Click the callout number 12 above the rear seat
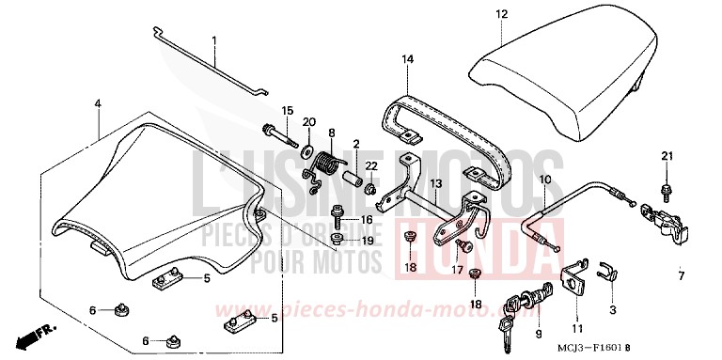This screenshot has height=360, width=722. click(x=501, y=14)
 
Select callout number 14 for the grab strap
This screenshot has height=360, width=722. click(x=407, y=59)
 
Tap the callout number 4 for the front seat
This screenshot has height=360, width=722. click(x=97, y=103)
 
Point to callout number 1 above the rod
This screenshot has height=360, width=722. click(x=213, y=40)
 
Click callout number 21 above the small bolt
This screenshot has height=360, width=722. click(x=667, y=155)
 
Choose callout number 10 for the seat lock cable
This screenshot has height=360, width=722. click(x=546, y=178)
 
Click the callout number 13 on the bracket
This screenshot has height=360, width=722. click(x=435, y=183)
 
